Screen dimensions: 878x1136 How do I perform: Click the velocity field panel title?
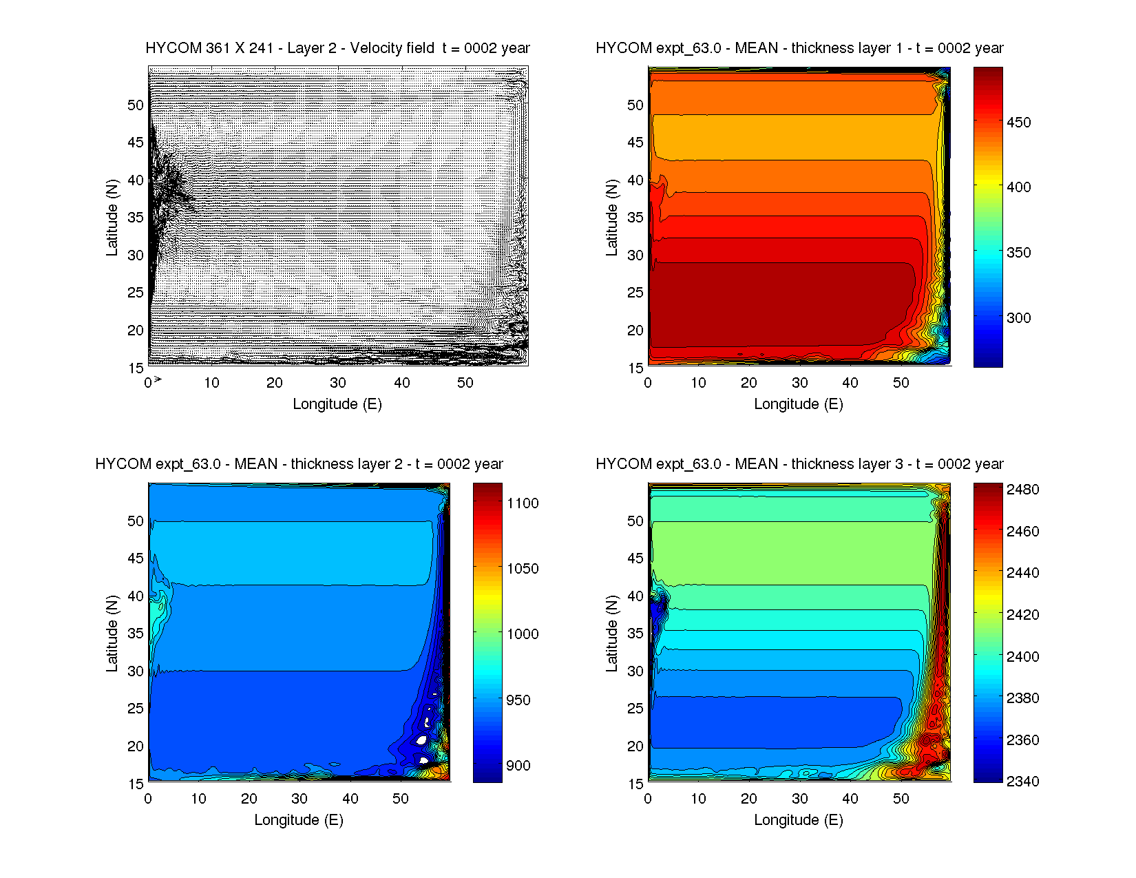point(337,48)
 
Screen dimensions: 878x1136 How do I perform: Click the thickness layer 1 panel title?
point(799,48)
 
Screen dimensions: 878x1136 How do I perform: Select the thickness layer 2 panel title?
point(299,464)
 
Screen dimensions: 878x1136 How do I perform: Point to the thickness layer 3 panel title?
point(799,464)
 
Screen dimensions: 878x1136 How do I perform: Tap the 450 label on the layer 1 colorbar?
point(1018,123)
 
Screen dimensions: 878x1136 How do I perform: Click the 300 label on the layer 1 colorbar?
point(1018,318)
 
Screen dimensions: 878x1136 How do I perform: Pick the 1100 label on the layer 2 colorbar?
point(523,503)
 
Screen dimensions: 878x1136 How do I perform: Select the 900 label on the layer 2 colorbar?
point(518,766)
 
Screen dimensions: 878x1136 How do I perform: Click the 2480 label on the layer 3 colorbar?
point(1022,490)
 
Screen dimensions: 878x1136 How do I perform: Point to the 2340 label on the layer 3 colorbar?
point(1022,782)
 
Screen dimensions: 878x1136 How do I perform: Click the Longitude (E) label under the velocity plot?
point(337,404)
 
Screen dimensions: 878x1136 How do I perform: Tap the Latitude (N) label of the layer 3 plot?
point(611,634)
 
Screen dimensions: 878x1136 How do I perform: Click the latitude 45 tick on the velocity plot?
point(136,143)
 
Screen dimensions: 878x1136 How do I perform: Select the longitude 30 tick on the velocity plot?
point(338,383)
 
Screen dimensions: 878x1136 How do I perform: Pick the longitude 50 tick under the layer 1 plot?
point(901,383)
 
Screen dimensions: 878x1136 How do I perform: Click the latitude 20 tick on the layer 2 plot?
point(136,746)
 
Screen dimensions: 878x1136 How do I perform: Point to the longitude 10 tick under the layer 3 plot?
point(698,799)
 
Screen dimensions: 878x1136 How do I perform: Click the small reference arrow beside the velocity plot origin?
point(158,379)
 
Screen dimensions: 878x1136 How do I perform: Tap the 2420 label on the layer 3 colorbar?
point(1022,615)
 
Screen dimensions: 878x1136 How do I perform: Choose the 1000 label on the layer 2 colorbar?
point(523,634)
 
